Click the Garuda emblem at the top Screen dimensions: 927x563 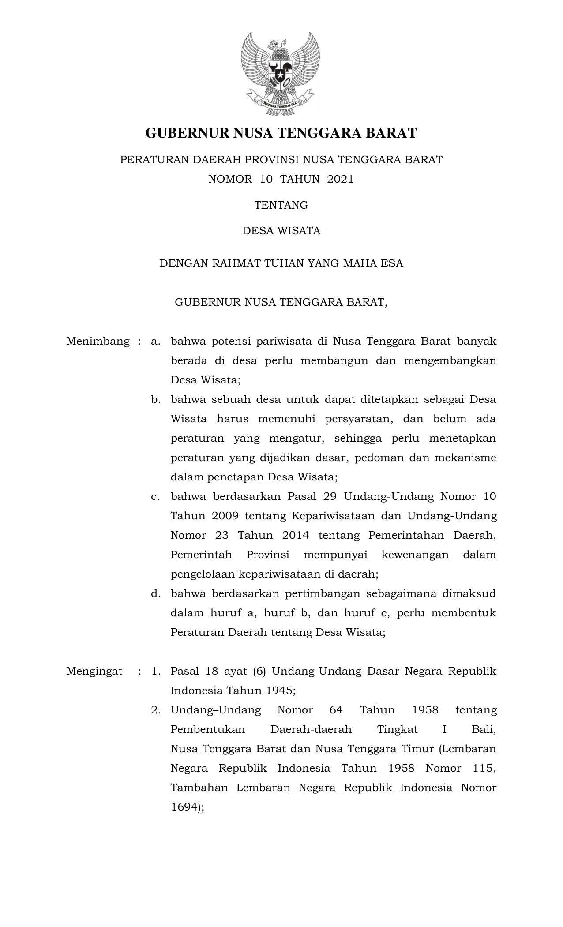pyautogui.click(x=281, y=73)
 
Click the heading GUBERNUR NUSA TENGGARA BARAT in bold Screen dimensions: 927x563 pyautogui.click(x=281, y=133)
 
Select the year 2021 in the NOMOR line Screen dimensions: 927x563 pyautogui.click(x=340, y=179)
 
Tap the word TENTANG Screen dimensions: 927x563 pyautogui.click(x=281, y=205)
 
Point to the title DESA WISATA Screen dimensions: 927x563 pyautogui.click(x=281, y=231)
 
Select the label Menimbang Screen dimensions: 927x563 pyautogui.click(x=98, y=341)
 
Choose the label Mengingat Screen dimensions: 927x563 pyautogui.click(x=94, y=671)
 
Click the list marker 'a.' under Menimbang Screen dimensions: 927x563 pyautogui.click(x=155, y=341)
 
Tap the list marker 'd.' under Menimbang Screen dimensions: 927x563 pyautogui.click(x=155, y=593)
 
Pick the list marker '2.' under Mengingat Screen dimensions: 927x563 pyautogui.click(x=155, y=710)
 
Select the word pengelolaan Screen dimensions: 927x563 pyautogui.click(x=202, y=574)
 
